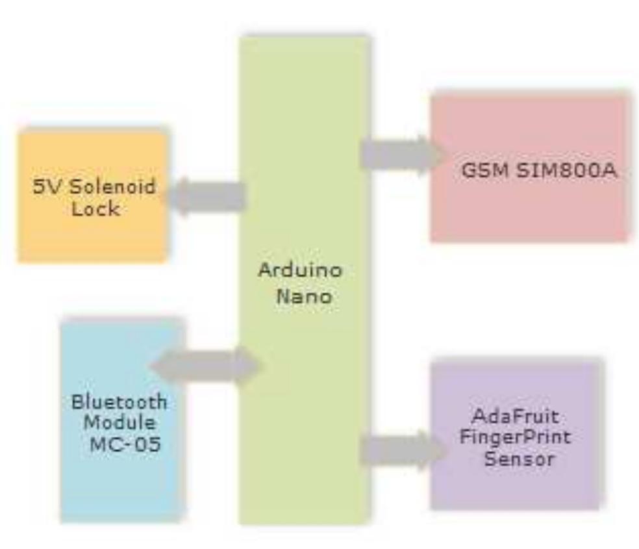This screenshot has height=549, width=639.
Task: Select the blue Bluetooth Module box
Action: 122,420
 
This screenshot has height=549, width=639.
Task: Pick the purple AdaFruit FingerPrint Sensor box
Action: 517,435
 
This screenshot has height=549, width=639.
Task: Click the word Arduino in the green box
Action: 300,270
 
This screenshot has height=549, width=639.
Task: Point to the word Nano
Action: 304,296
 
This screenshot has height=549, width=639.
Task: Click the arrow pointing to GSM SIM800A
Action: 403,156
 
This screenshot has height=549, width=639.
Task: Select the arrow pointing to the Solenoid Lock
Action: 205,196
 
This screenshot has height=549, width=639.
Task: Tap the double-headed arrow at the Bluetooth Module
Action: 205,366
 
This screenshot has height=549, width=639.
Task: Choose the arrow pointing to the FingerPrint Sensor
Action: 403,450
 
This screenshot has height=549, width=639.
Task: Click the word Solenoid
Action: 113,186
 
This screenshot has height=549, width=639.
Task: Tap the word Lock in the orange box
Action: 95,209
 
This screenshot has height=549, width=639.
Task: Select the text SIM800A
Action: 566,170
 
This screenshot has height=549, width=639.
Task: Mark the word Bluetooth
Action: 119,402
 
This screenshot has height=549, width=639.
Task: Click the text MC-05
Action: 125,444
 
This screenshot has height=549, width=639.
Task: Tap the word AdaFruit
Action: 515,416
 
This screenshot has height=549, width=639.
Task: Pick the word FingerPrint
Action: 515,437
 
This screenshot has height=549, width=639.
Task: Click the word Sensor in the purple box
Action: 520,459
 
